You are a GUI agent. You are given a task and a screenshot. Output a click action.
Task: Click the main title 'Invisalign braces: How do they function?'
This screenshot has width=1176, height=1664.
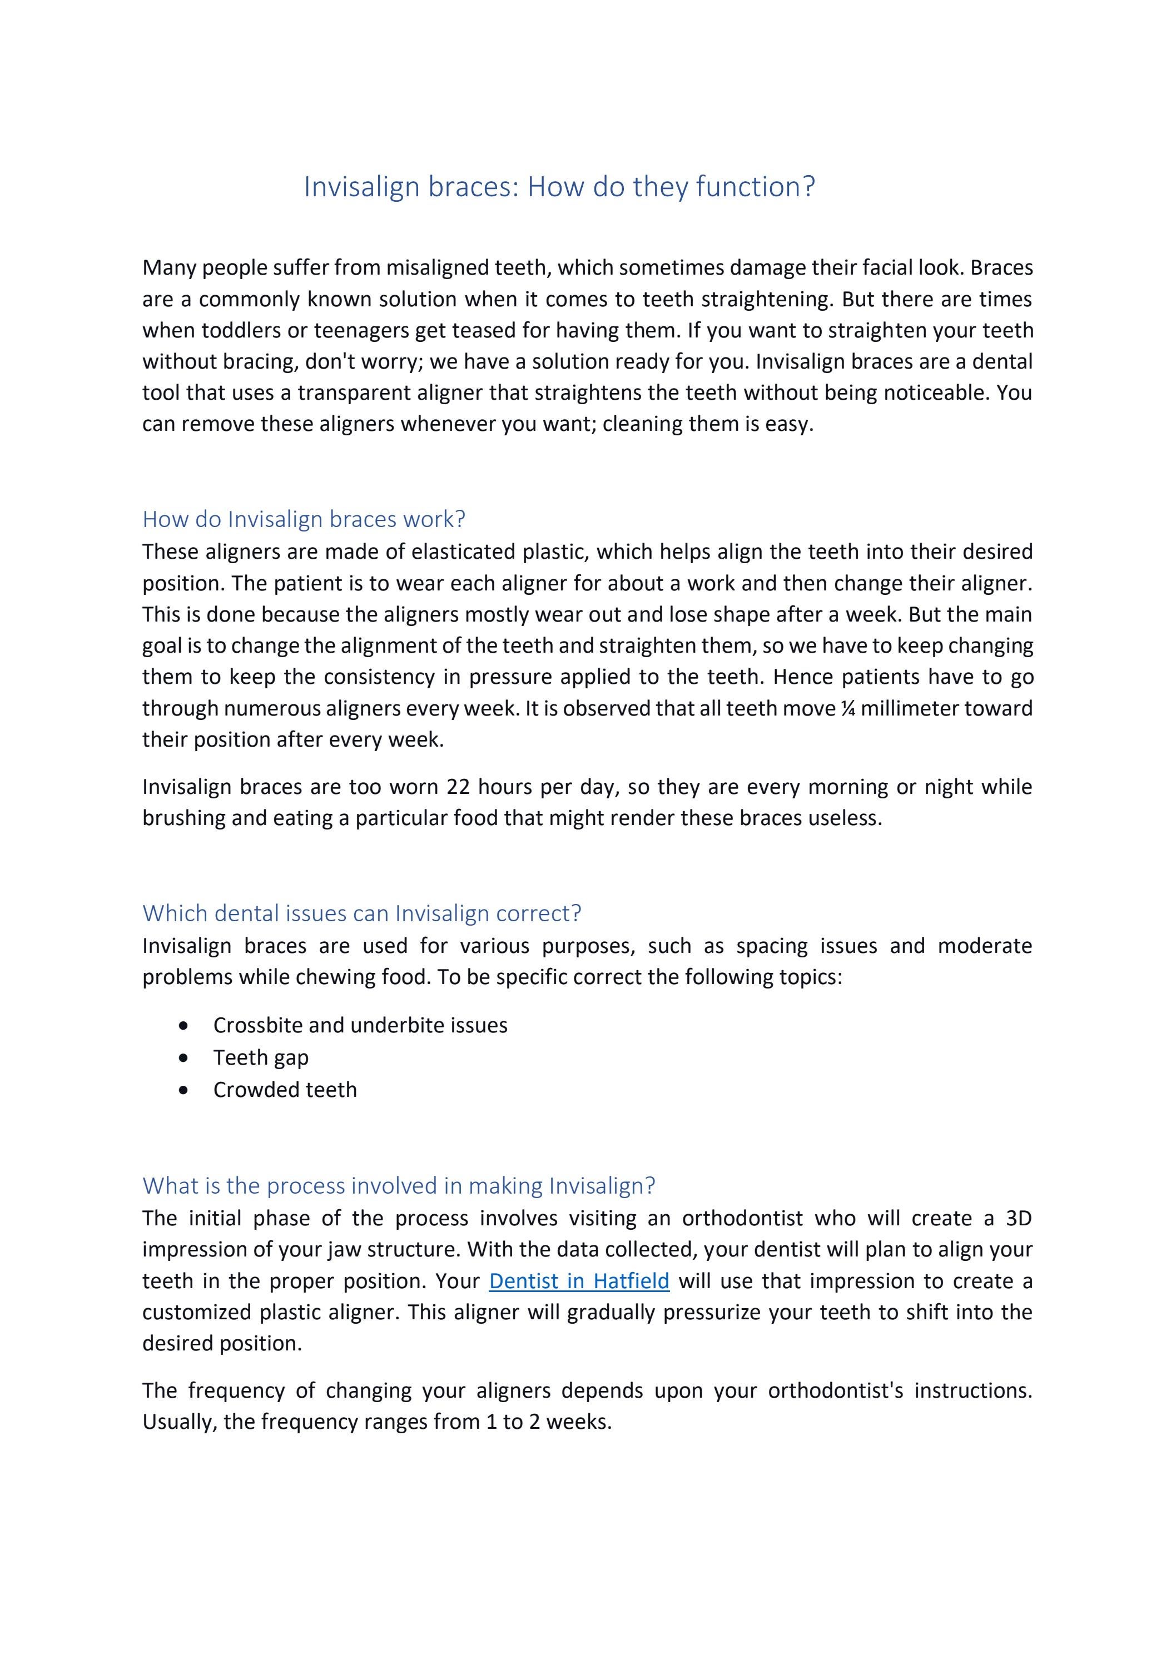coord(559,187)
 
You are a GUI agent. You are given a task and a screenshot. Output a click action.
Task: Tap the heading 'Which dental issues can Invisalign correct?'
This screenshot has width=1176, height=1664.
coord(362,913)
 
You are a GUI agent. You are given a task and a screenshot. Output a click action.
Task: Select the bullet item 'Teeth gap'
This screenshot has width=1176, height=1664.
coord(261,1057)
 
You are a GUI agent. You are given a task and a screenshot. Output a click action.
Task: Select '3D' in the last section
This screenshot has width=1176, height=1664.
coord(1018,1218)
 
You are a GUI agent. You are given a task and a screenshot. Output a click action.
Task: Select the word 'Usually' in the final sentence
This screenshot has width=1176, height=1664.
coord(179,1422)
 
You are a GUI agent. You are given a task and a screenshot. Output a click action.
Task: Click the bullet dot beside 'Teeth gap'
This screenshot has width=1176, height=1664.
coord(183,1058)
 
